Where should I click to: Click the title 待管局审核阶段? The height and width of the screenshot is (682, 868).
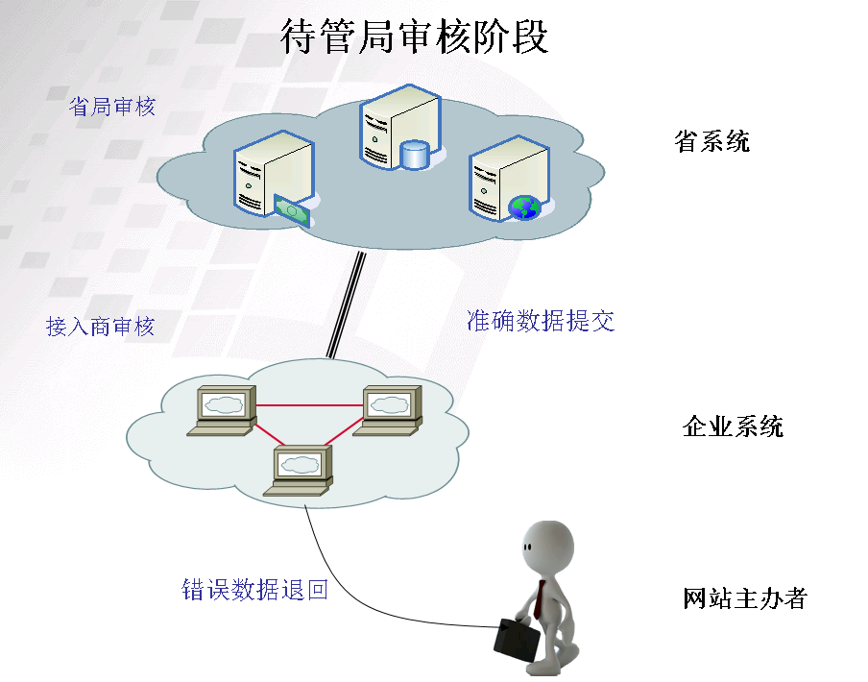(x=414, y=37)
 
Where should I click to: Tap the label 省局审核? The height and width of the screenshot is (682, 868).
(x=111, y=106)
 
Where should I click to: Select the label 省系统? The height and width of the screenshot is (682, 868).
(x=711, y=142)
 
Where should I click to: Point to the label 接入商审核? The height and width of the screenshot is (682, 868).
(x=100, y=327)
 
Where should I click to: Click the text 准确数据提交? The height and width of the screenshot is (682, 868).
(x=540, y=321)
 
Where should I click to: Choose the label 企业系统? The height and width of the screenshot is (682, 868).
(x=732, y=426)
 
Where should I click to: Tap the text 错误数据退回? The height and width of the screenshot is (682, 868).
(x=254, y=589)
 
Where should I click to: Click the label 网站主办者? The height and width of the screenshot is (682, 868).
(x=744, y=599)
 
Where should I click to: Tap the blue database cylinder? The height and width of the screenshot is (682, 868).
(x=414, y=155)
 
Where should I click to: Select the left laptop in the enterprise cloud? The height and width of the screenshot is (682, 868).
(x=223, y=410)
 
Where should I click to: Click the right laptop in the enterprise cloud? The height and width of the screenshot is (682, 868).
(x=388, y=410)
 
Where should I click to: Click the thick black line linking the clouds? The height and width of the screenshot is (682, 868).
(x=347, y=304)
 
